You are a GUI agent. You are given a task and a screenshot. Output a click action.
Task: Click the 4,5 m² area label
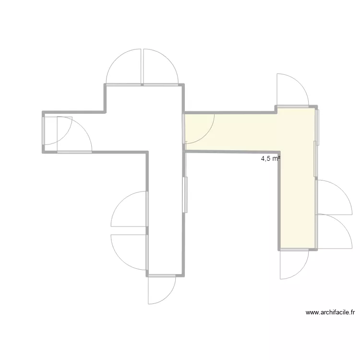click(270, 158)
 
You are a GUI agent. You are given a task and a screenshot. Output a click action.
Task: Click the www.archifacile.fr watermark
click(330, 312)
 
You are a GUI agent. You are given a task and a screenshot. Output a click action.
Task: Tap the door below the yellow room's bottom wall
click(294, 264)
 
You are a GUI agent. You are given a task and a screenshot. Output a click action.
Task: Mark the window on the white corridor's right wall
click(185, 194)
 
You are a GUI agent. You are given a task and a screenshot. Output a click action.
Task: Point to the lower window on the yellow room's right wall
click(315, 159)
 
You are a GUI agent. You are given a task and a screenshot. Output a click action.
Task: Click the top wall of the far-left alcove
click(74, 113)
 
